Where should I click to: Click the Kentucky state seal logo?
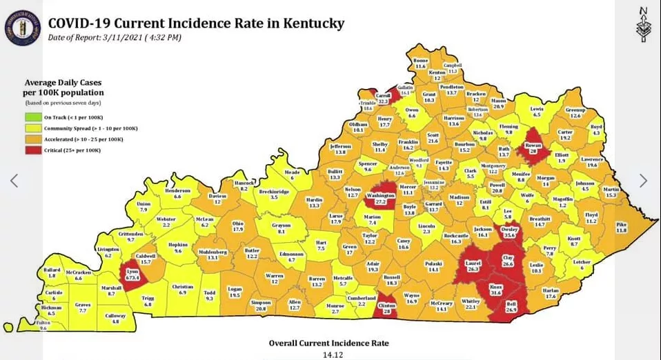[22, 28]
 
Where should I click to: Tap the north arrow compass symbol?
[642, 25]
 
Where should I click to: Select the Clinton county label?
[386, 309]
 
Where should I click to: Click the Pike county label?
[621, 227]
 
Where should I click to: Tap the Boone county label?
[420, 63]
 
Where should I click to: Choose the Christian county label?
[183, 290]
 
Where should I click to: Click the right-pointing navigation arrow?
[643, 181]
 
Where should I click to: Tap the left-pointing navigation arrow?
[14, 181]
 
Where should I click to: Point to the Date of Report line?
[115, 37]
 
